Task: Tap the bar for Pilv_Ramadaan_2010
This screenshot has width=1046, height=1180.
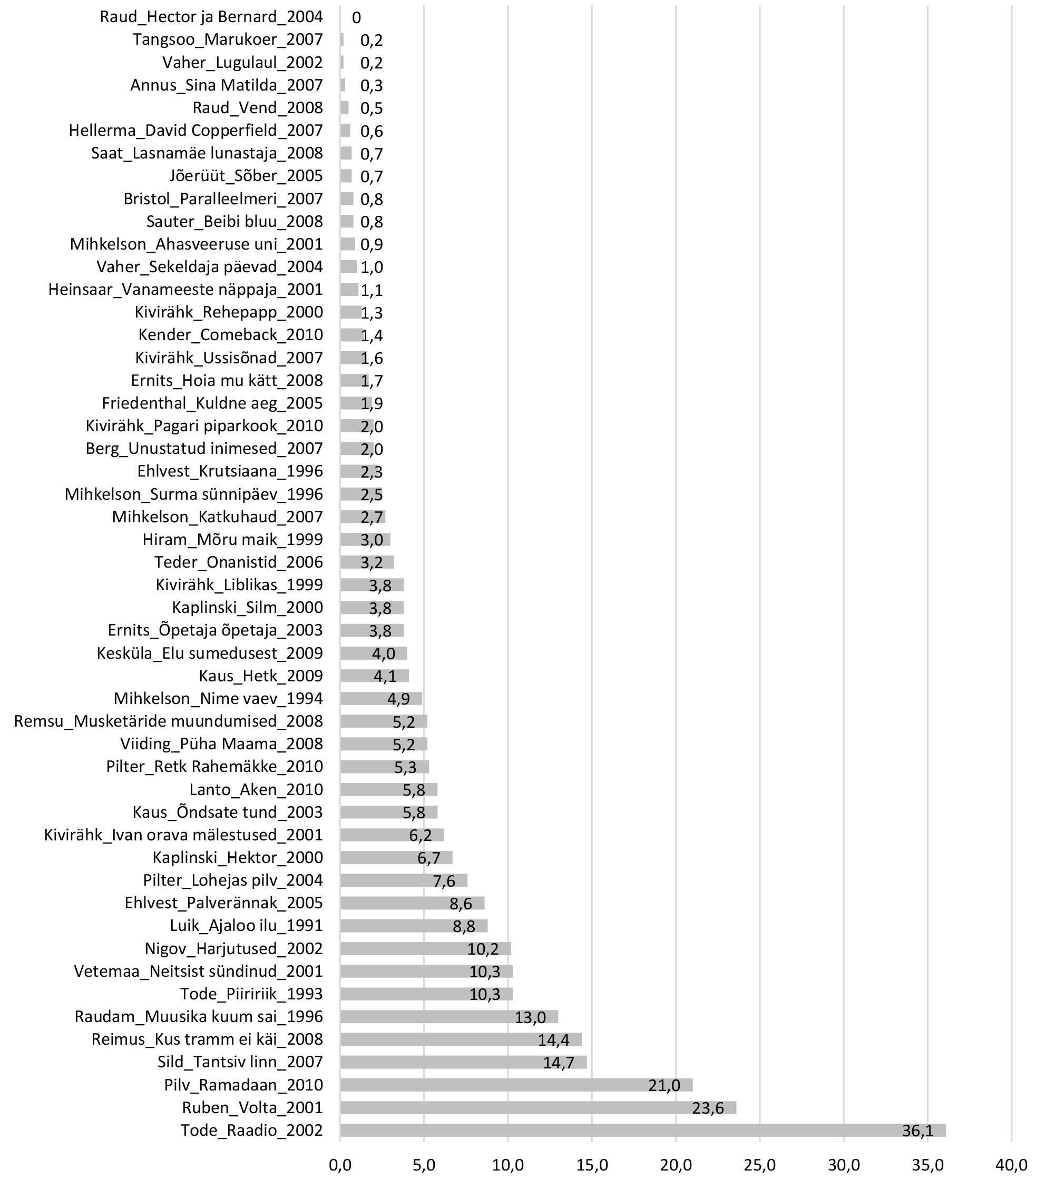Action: (516, 1085)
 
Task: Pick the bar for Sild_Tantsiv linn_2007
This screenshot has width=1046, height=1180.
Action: (463, 1062)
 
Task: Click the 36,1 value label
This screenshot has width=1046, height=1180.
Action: (917, 1131)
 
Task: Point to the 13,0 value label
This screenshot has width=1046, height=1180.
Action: (530, 1017)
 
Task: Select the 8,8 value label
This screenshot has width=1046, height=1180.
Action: (464, 927)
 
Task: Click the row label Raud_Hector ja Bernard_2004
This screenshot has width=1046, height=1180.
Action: (211, 17)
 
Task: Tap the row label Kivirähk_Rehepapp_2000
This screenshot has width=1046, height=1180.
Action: (229, 312)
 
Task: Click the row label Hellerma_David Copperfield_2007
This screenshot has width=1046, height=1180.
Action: (196, 131)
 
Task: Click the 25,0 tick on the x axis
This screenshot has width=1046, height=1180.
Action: (759, 1165)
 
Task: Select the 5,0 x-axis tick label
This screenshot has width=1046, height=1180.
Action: (424, 1165)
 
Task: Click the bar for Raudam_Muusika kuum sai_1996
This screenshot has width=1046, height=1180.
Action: (449, 1017)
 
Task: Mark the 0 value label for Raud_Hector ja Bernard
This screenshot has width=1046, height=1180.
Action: (356, 18)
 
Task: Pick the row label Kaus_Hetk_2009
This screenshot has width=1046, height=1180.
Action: (260, 676)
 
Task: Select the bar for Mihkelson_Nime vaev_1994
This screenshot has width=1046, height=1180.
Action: (380, 698)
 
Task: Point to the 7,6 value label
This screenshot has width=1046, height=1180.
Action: (444, 881)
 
